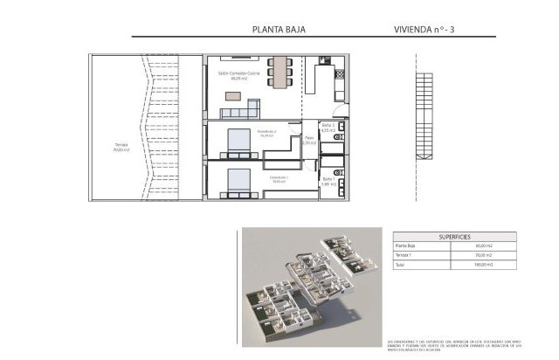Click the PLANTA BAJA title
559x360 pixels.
click(x=279, y=29)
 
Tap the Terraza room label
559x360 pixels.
click(x=121, y=147)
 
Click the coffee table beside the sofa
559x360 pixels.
click(x=255, y=106)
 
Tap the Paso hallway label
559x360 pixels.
click(x=308, y=140)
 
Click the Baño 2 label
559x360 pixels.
click(x=328, y=128)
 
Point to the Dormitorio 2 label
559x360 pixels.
click(x=266, y=134)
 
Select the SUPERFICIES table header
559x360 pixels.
click(x=453, y=236)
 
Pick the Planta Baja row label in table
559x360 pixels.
click(x=405, y=246)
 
